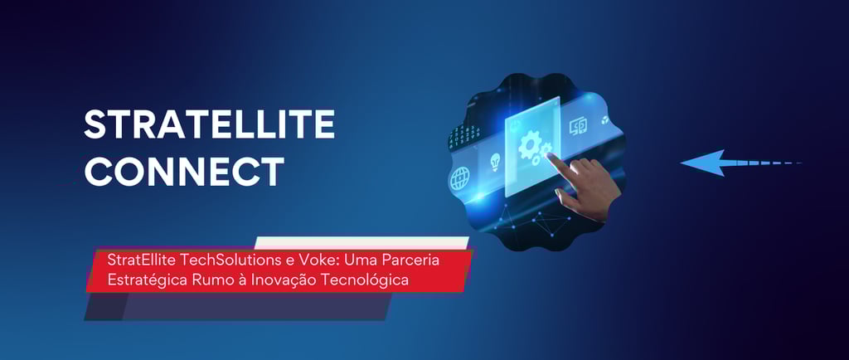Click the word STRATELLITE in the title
[209, 124]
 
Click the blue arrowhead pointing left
[703, 163]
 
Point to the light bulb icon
[494, 162]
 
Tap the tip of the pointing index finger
[549, 155]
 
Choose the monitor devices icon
[577, 127]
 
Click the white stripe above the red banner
[361, 242]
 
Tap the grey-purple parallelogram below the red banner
[238, 306]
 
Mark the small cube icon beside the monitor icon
[604, 120]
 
